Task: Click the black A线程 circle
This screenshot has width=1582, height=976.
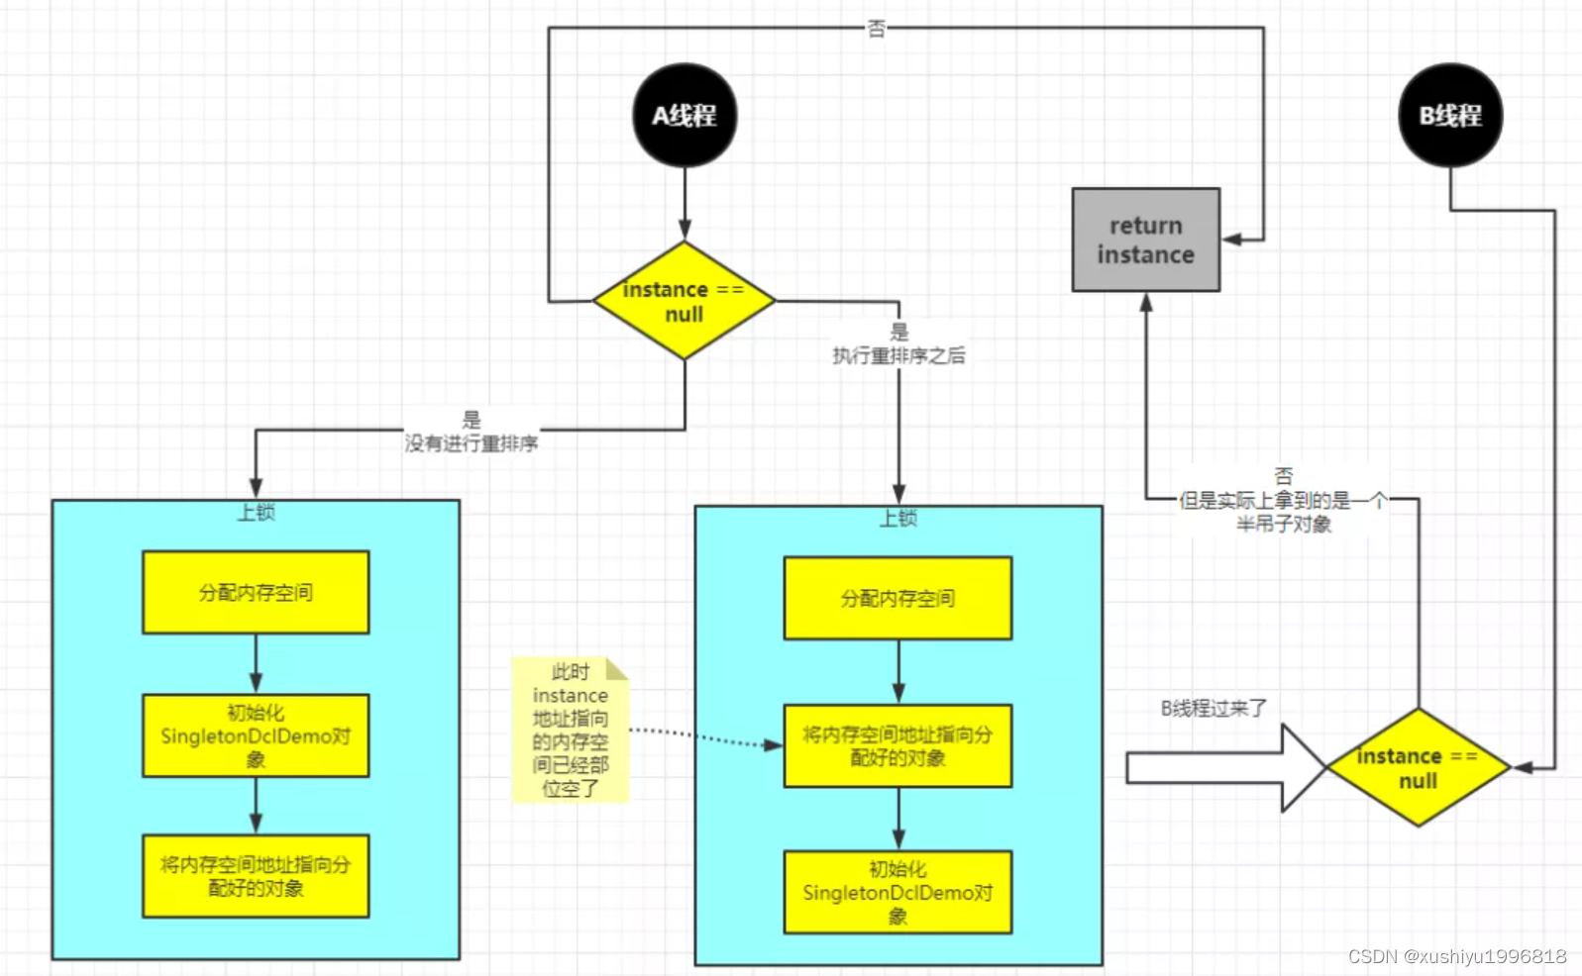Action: tap(685, 116)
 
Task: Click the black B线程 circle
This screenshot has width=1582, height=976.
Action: tap(1450, 116)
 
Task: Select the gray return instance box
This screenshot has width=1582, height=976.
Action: tap(1146, 241)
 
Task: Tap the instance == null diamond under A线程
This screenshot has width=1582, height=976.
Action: tap(685, 301)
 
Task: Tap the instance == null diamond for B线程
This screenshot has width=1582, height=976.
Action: tap(1418, 767)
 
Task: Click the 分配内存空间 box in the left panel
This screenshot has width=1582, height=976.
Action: tap(256, 592)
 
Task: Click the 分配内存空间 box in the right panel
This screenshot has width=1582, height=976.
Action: tap(897, 598)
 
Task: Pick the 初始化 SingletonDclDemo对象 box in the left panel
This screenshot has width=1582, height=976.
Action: tap(256, 735)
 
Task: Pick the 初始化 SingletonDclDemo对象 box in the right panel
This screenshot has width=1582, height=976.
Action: tap(897, 892)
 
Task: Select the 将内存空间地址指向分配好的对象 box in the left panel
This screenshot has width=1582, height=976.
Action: tap(256, 876)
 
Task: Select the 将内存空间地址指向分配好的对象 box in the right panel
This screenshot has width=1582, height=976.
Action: tap(897, 746)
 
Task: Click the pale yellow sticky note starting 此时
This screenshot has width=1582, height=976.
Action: tap(571, 731)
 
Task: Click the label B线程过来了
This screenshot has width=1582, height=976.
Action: tap(1213, 709)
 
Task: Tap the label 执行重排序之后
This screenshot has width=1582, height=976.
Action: tap(898, 355)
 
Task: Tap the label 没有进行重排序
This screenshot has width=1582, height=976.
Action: tap(472, 443)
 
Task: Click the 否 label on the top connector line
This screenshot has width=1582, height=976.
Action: tap(877, 29)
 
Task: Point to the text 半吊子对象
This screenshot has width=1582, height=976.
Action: tap(1284, 524)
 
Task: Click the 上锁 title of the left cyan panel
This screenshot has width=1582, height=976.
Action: tap(256, 512)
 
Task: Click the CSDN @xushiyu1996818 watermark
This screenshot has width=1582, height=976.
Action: tap(1457, 956)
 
